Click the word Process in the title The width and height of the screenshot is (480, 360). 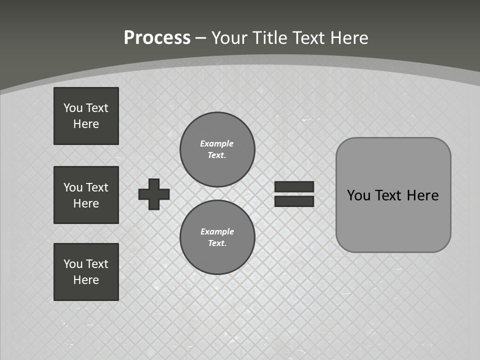[157, 38]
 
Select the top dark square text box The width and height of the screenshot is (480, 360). [86, 116]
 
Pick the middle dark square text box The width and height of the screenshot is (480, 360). [86, 195]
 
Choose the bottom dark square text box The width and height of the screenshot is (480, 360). [86, 272]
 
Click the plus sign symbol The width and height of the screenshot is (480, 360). [154, 194]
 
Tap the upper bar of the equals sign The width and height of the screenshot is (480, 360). [294, 186]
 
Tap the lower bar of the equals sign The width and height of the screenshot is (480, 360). [294, 201]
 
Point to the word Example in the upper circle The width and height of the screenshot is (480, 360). [217, 143]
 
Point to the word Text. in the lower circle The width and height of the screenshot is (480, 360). [217, 243]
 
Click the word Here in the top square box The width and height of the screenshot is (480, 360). [86, 124]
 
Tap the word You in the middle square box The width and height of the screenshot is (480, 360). [73, 187]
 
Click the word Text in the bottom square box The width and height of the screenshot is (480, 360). [97, 264]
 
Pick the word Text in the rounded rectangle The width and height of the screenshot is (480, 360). [388, 195]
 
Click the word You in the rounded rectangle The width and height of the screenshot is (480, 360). [358, 195]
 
